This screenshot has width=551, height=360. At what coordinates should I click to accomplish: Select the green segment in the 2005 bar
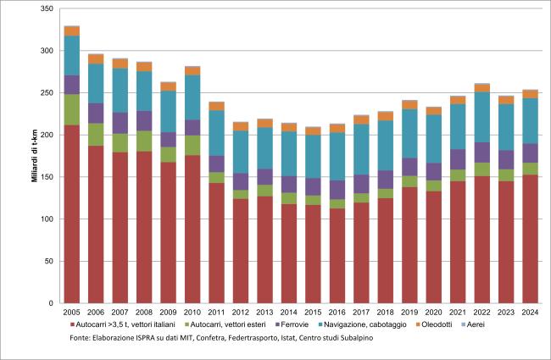click(x=72, y=109)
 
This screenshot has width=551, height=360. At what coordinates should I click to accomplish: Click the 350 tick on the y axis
click(x=47, y=8)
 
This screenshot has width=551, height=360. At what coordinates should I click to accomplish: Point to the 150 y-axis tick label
click(x=47, y=177)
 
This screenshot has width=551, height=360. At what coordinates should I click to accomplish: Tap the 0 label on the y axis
click(x=51, y=303)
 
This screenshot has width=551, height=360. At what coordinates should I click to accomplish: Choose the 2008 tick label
click(x=145, y=312)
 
